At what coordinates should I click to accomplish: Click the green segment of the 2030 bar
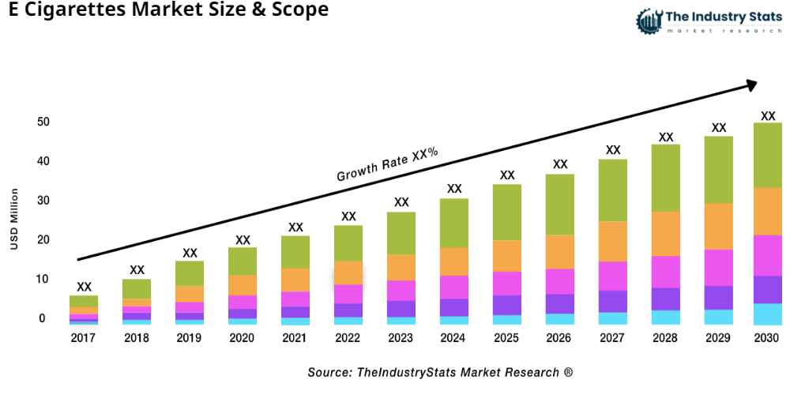tap(767, 155)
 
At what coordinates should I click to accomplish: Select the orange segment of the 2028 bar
tap(666, 234)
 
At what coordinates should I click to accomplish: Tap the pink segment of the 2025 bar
tap(507, 283)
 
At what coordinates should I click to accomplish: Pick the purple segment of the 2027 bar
tap(613, 301)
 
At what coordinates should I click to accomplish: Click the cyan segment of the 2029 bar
tap(719, 317)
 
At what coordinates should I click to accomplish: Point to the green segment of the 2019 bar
tap(190, 273)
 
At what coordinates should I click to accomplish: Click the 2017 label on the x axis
tap(84, 338)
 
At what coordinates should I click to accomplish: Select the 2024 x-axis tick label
tap(454, 338)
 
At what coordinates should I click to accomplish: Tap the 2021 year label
tap(295, 338)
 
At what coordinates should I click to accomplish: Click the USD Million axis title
tap(13, 219)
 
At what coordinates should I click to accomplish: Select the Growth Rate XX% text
tap(387, 164)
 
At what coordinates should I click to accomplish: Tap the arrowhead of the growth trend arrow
tap(750, 84)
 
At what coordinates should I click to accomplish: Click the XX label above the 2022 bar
tap(348, 216)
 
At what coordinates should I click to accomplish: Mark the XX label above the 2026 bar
tap(560, 164)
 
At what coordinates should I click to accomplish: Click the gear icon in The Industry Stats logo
tap(648, 21)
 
